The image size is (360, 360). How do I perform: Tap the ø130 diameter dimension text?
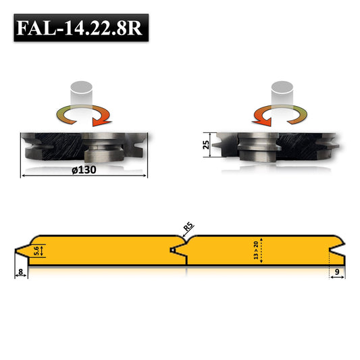(84, 169)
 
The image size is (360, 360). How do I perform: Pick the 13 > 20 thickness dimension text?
(255, 251)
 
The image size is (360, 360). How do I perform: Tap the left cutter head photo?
(84, 147)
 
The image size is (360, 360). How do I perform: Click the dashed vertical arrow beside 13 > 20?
(262, 251)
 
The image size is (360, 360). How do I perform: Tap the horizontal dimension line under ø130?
(84, 176)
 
